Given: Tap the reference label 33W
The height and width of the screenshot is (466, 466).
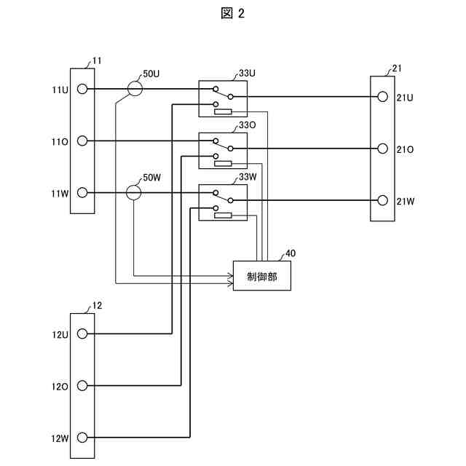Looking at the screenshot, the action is [x=248, y=177].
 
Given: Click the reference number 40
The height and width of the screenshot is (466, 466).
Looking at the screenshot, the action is [x=291, y=253].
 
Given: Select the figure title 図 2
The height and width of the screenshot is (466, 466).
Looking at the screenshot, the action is [x=233, y=13].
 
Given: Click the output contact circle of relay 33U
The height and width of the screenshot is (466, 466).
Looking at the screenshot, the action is [x=230, y=97].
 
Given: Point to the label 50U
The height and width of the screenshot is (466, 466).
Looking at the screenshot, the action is [x=151, y=74].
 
